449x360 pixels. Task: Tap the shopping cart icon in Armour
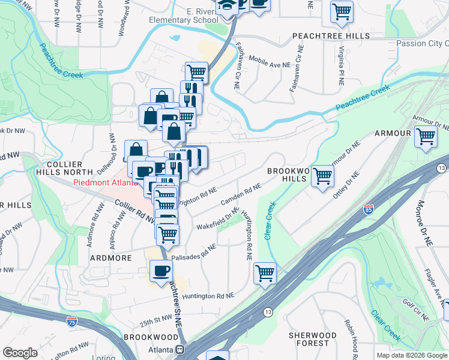[426, 136]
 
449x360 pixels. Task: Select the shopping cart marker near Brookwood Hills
[323, 176]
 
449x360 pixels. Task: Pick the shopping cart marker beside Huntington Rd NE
[265, 273]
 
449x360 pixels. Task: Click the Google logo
[20, 353]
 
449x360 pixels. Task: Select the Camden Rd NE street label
[241, 194]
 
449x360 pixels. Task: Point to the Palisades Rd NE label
[193, 253]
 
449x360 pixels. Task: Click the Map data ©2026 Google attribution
[412, 355]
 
